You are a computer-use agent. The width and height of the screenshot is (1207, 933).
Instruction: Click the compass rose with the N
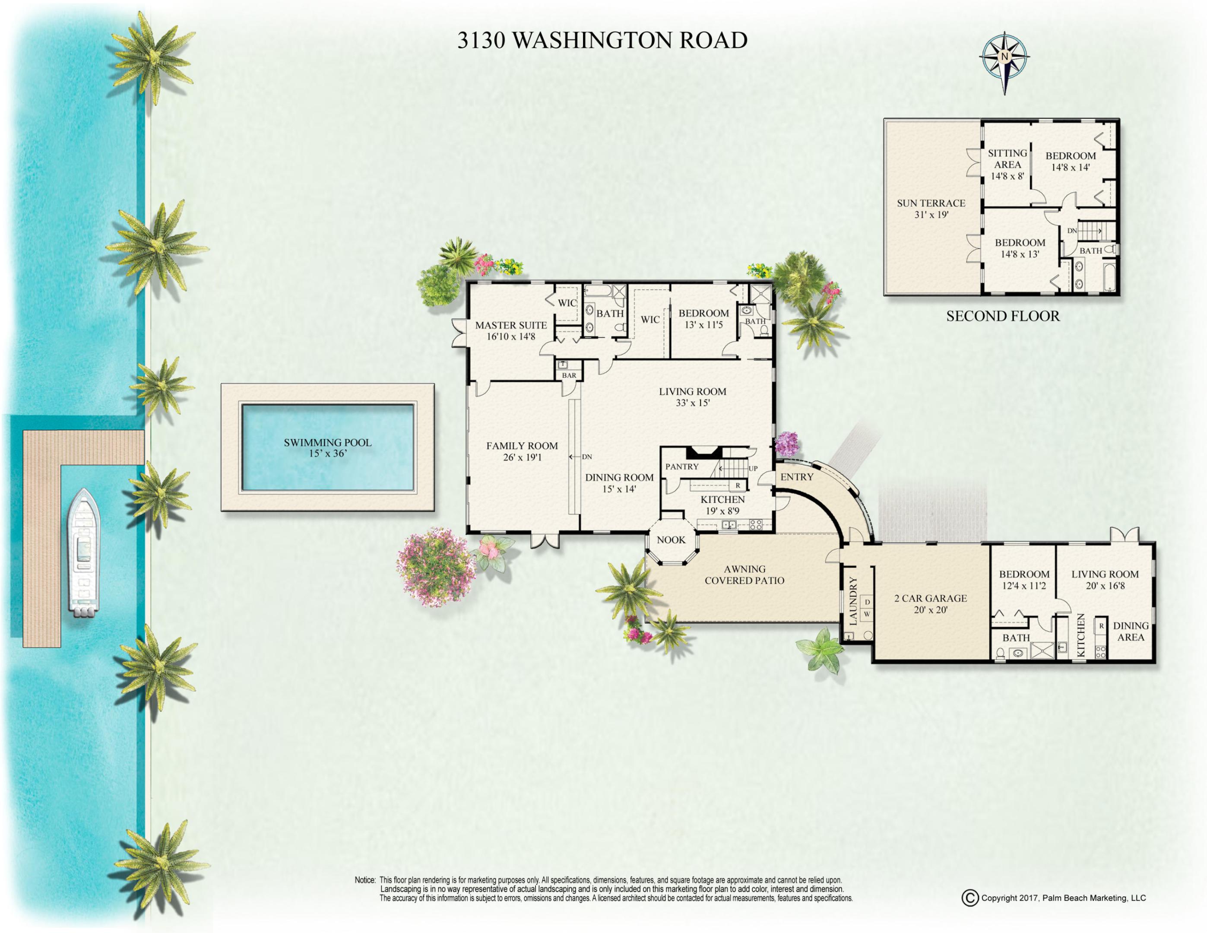pos(1004,57)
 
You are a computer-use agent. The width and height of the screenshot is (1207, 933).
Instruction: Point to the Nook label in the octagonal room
pos(671,540)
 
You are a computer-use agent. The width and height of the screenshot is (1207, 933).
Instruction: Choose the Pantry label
pos(682,466)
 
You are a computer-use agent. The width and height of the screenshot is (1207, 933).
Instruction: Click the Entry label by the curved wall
pos(796,476)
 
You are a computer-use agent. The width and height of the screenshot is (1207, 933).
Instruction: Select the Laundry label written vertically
pos(853,601)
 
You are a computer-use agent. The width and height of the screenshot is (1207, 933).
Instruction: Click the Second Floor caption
pos(1003,316)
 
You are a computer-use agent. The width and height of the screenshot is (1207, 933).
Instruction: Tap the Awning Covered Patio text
pos(744,574)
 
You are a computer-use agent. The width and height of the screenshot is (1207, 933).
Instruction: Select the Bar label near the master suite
pos(569,375)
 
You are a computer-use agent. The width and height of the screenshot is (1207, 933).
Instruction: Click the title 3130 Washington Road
pos(602,40)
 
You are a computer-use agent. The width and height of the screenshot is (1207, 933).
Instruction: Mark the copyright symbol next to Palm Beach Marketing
pos(969,898)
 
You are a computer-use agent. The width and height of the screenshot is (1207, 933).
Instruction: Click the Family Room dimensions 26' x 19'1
pos(522,458)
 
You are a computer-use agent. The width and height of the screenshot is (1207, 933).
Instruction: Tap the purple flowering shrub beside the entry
pos(786,444)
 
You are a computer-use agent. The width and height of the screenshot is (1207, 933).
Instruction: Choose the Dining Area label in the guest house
pos(1131,631)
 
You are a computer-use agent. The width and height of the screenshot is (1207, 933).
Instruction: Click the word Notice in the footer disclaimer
pos(365,880)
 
